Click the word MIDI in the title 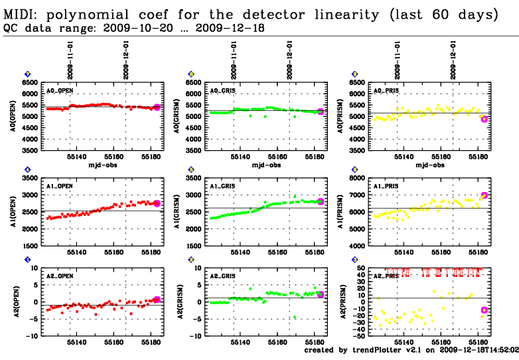[x=19, y=15]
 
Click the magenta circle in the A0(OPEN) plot [x=157, y=107]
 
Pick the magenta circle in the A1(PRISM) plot [x=484, y=195]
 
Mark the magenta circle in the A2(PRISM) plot [x=484, y=310]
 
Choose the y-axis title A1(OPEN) [x=15, y=212]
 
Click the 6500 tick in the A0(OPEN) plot [x=30, y=82]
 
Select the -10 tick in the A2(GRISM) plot [x=194, y=336]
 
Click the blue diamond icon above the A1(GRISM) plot [x=191, y=170]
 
